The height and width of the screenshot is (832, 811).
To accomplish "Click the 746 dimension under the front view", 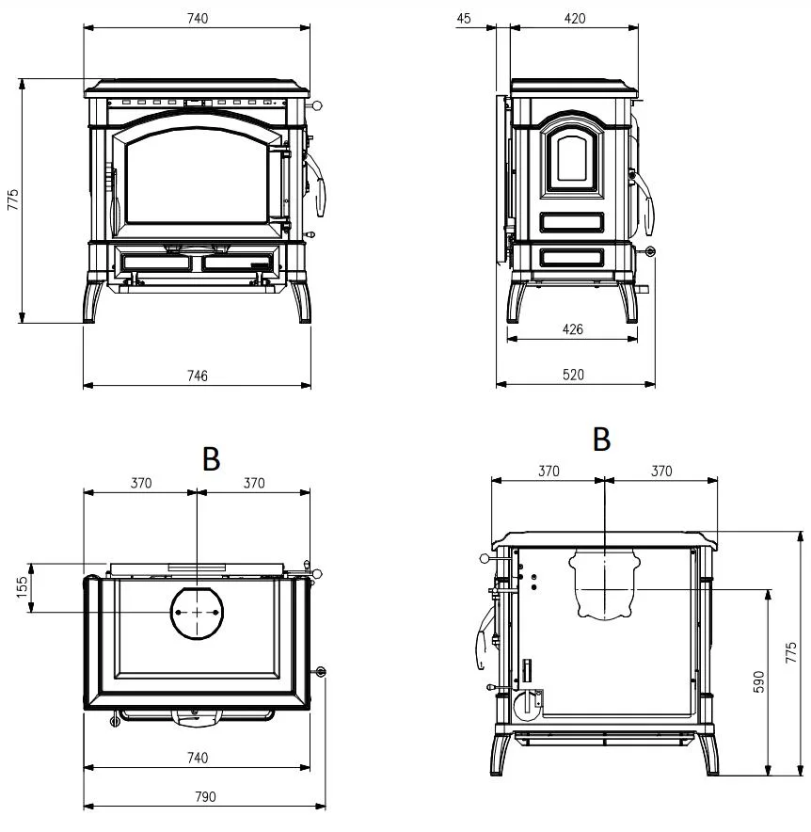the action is pos(198,376).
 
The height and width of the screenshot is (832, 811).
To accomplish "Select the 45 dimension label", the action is pos(464,19).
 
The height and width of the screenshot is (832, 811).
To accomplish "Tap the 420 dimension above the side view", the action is pos(575,19).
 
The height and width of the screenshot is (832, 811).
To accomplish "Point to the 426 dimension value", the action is pos(573,329).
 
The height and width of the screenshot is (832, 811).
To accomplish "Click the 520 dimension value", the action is pos(573,375).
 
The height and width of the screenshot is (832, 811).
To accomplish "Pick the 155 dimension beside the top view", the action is pos(22,588).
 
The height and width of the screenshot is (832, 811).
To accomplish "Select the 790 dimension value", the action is pos(206,796).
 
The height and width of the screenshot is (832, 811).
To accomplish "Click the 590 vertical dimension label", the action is pos(759,681).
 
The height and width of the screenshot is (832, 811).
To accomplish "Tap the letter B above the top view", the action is pos(211,459).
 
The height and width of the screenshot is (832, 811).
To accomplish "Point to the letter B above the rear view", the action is pos(601,440).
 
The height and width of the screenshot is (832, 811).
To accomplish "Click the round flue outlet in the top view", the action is pos(197,613).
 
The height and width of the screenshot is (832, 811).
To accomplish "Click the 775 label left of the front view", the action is pos(13,200).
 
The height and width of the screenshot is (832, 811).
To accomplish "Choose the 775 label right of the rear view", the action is pos(791,652).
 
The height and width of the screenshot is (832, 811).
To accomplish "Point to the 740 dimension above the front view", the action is pos(198,19).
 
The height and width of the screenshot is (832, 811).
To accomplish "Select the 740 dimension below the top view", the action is pos(198,758).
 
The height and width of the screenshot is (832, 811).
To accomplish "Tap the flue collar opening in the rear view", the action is pos(604,584).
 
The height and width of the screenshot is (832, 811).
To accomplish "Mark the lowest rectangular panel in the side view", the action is pos(572,257).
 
